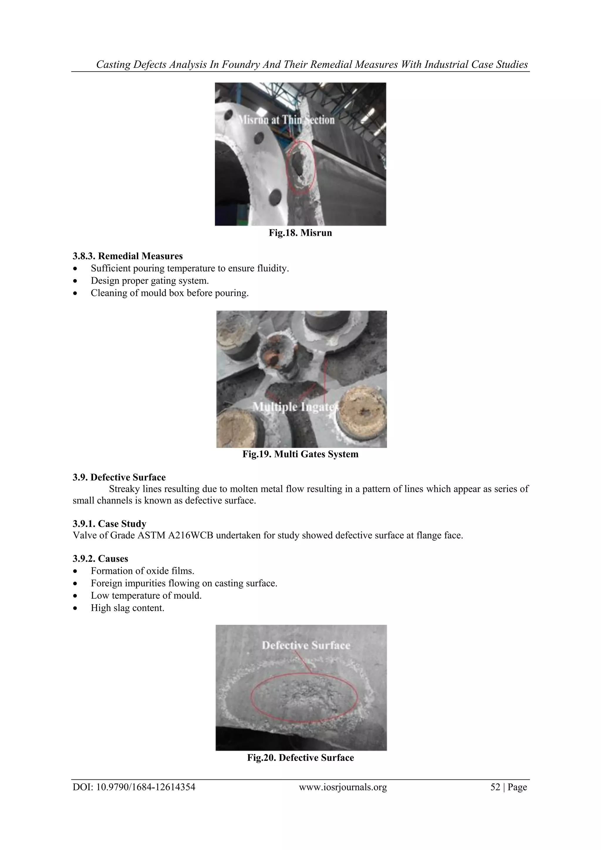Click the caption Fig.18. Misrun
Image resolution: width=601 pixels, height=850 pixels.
click(x=300, y=233)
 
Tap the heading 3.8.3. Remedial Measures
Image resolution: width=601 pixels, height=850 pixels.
click(x=128, y=256)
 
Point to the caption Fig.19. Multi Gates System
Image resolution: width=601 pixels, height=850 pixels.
click(x=300, y=454)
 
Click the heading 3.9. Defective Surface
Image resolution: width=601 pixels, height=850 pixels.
click(x=119, y=477)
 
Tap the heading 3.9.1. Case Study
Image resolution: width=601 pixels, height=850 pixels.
click(x=109, y=524)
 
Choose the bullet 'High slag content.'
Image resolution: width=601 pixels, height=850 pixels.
click(x=128, y=608)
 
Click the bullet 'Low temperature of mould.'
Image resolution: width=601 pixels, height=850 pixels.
click(x=146, y=596)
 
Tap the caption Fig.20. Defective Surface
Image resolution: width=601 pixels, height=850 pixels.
click(x=300, y=758)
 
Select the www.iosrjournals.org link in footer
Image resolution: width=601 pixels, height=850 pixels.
click(x=343, y=787)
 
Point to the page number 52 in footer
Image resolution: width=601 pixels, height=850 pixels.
click(x=495, y=787)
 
